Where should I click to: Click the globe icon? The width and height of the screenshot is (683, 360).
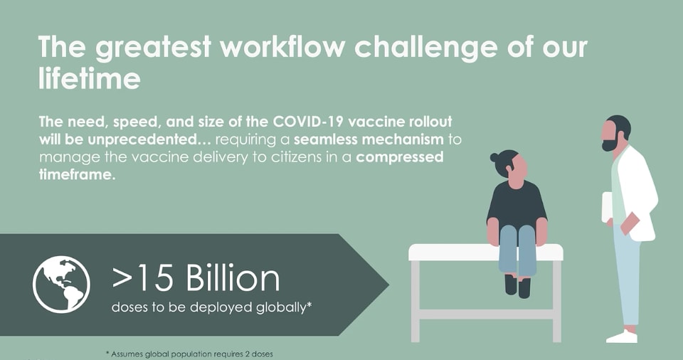(61, 284)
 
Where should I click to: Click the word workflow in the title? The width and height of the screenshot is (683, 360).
(282, 46)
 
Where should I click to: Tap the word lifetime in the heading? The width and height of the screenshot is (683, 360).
(90, 78)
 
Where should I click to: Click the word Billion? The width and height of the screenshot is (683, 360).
(233, 278)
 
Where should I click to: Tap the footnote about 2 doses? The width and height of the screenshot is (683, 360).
(189, 354)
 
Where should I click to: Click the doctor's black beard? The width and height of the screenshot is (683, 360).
(610, 142)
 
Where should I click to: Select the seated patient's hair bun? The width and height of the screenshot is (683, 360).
(494, 157)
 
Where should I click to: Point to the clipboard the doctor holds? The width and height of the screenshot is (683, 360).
(607, 206)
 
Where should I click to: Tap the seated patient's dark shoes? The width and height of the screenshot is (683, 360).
(517, 285)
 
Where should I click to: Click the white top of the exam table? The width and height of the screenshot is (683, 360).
(486, 252)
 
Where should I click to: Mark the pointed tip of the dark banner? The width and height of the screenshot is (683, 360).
(389, 285)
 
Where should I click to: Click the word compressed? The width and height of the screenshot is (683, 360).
(400, 157)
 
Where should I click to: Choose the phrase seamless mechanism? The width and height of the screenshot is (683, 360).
(369, 139)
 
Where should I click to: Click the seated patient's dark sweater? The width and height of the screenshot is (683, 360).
(517, 203)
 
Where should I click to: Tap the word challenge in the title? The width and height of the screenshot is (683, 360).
(425, 48)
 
